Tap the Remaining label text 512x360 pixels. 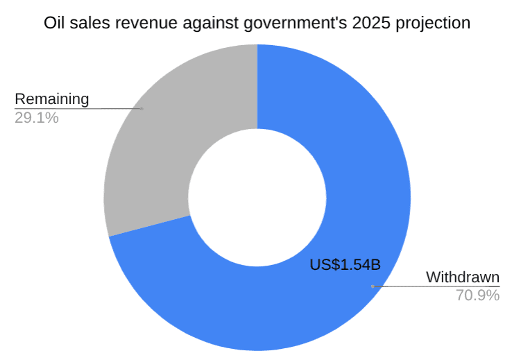coord(52,99)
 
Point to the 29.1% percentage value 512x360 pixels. coord(36,118)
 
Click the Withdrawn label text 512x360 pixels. coord(463,277)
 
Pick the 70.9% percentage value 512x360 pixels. coord(477,295)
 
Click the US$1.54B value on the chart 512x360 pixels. coord(345,264)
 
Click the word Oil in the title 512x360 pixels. coord(54,23)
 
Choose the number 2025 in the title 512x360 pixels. coord(350,23)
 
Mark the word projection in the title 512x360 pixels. coord(424,23)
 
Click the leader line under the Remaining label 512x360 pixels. coord(76,108)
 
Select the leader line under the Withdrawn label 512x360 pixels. coord(437,286)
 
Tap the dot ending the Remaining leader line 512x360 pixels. coord(142,108)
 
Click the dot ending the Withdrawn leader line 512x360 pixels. coord(373,286)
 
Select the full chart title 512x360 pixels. coord(257,23)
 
